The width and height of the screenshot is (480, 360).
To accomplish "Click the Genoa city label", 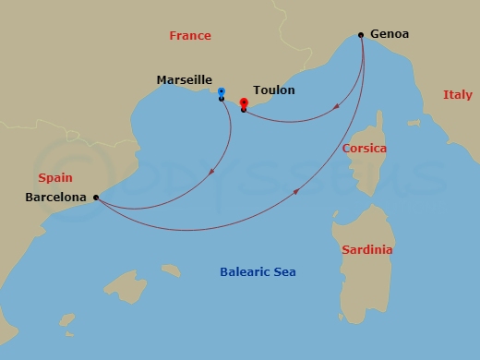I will (389, 34).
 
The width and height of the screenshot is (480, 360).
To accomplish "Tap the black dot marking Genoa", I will (361, 35).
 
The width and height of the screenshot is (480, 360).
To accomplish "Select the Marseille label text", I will (184, 81).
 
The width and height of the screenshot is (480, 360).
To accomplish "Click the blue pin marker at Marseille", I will (222, 91).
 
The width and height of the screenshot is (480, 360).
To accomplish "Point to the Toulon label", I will (274, 90).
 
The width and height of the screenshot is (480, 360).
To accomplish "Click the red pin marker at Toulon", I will (244, 102).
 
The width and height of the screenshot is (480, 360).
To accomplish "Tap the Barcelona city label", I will (56, 197).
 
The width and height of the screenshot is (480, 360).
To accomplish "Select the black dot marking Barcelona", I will (96, 197).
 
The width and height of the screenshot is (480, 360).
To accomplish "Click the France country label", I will (190, 36).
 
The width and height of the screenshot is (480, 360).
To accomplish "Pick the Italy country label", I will (457, 95).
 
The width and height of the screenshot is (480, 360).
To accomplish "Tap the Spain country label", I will (54, 176).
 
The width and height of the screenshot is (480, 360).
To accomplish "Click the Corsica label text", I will (364, 148).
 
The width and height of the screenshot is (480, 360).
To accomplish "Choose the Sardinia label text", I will (366, 250).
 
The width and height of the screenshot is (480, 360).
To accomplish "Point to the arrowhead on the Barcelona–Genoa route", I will (296, 192).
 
